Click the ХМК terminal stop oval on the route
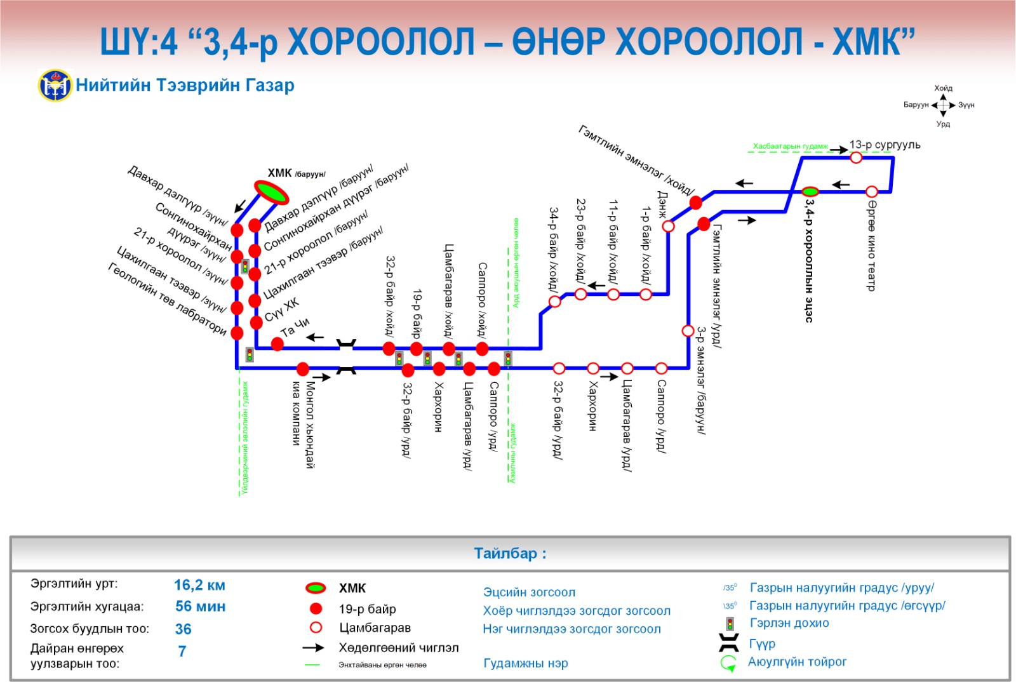tap(271, 192)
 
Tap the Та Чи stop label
tap(295, 326)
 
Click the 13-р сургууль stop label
tap(885, 145)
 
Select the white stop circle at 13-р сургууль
tap(856, 157)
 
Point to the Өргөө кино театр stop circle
tap(872, 191)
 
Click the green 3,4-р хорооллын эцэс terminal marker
tap(810, 191)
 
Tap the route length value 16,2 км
tap(199, 585)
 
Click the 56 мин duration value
tap(200, 606)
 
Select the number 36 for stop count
tap(183, 629)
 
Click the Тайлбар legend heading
tap(510, 553)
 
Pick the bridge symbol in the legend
tap(728, 643)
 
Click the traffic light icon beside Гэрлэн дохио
tap(730, 624)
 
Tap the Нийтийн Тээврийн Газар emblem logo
tap(55, 86)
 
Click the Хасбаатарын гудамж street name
tap(791, 147)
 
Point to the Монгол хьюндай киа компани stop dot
tap(303, 368)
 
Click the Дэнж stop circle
tap(668, 226)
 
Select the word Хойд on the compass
tap(943, 88)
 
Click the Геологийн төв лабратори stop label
tap(167, 298)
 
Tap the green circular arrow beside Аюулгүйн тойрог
tap(728, 663)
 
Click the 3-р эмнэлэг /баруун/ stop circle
tap(688, 330)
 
